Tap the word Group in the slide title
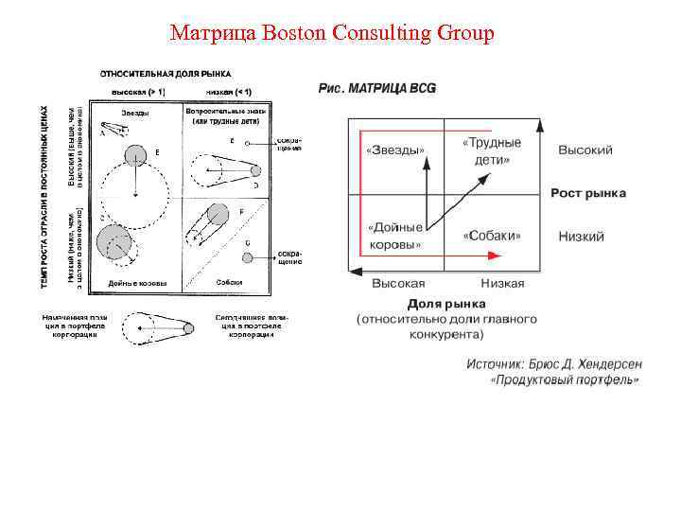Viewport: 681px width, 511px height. pos(464,34)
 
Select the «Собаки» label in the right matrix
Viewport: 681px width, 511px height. pos(493,236)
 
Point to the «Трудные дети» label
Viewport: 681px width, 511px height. pos(492,151)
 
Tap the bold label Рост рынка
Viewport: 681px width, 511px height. pos(588,194)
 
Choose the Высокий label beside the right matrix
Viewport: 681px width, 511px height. pos(585,150)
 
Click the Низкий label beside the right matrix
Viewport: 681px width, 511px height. pos(581,236)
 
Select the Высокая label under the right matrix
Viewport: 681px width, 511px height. pos(397,283)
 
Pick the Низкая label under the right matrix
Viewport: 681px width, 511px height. pos(501,283)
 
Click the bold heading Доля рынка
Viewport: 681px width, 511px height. pos(446,304)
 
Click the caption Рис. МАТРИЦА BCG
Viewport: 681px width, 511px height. pos(377,88)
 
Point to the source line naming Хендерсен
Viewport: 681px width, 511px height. pos(552,362)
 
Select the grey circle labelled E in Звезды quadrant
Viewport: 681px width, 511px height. pos(135,154)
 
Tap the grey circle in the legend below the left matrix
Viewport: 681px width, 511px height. pos(188,327)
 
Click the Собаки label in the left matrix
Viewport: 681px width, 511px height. pos(229,282)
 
